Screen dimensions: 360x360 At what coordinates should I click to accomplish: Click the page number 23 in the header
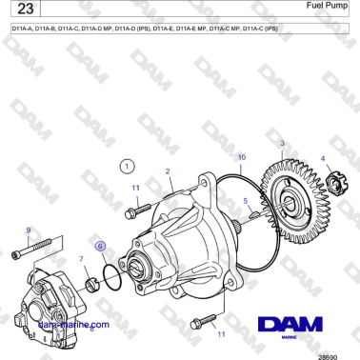click(x=23, y=12)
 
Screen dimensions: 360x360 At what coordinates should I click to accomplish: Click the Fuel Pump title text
click(x=326, y=7)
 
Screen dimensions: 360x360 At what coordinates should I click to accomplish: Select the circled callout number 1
click(x=128, y=166)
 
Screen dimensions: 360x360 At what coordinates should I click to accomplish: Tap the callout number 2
click(x=168, y=172)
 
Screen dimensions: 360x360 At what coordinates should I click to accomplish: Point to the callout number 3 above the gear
click(x=281, y=143)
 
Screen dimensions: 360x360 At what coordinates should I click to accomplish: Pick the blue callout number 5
click(x=246, y=201)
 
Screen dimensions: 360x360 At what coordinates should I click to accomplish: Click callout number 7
click(x=80, y=258)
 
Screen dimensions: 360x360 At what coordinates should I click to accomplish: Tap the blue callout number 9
click(x=29, y=230)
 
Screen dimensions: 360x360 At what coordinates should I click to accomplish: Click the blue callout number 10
click(x=241, y=156)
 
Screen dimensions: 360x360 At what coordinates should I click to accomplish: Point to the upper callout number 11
click(x=135, y=189)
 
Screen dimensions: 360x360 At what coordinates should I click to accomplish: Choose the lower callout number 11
click(x=221, y=335)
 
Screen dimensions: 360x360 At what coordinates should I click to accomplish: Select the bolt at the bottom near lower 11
click(x=200, y=321)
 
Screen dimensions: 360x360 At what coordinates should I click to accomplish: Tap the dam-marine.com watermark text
click(x=72, y=324)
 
